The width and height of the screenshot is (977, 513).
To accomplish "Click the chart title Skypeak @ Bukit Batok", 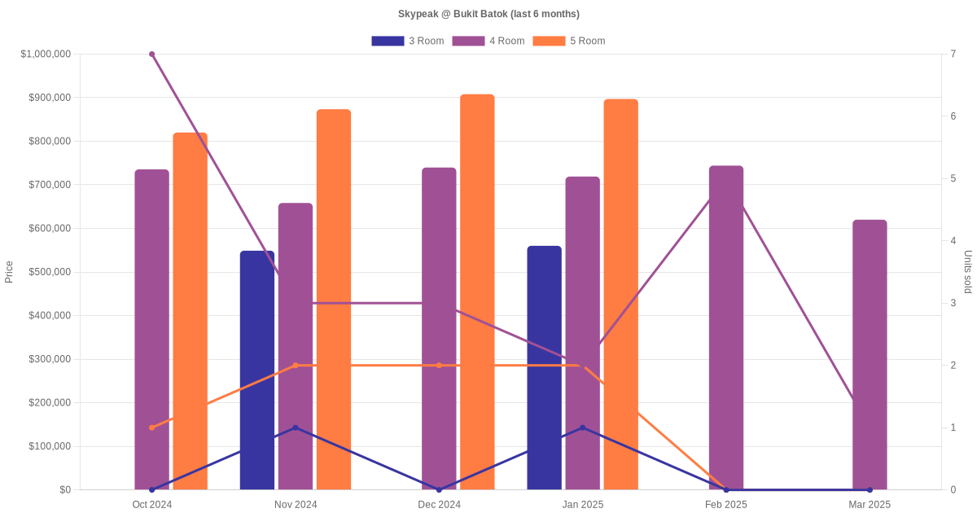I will click(488, 14).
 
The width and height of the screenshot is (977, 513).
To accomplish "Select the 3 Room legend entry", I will click(407, 41).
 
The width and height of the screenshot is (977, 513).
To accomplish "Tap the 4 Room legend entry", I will click(488, 41).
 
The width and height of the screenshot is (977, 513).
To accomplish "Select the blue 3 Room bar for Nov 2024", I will click(257, 370).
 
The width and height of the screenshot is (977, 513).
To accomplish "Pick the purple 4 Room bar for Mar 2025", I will click(870, 354).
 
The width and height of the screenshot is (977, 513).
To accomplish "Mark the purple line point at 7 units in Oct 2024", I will click(152, 55).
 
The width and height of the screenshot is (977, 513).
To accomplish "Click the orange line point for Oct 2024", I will click(152, 427).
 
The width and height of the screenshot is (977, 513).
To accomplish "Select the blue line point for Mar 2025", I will click(870, 489).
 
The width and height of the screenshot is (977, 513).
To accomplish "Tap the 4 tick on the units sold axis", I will click(953, 241).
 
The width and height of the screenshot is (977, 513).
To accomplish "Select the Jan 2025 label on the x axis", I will click(583, 505).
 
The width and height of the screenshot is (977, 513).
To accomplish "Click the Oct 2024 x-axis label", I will click(152, 505).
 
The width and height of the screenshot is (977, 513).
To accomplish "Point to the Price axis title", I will click(9, 272).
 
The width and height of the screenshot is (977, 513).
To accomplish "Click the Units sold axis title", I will click(968, 272).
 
